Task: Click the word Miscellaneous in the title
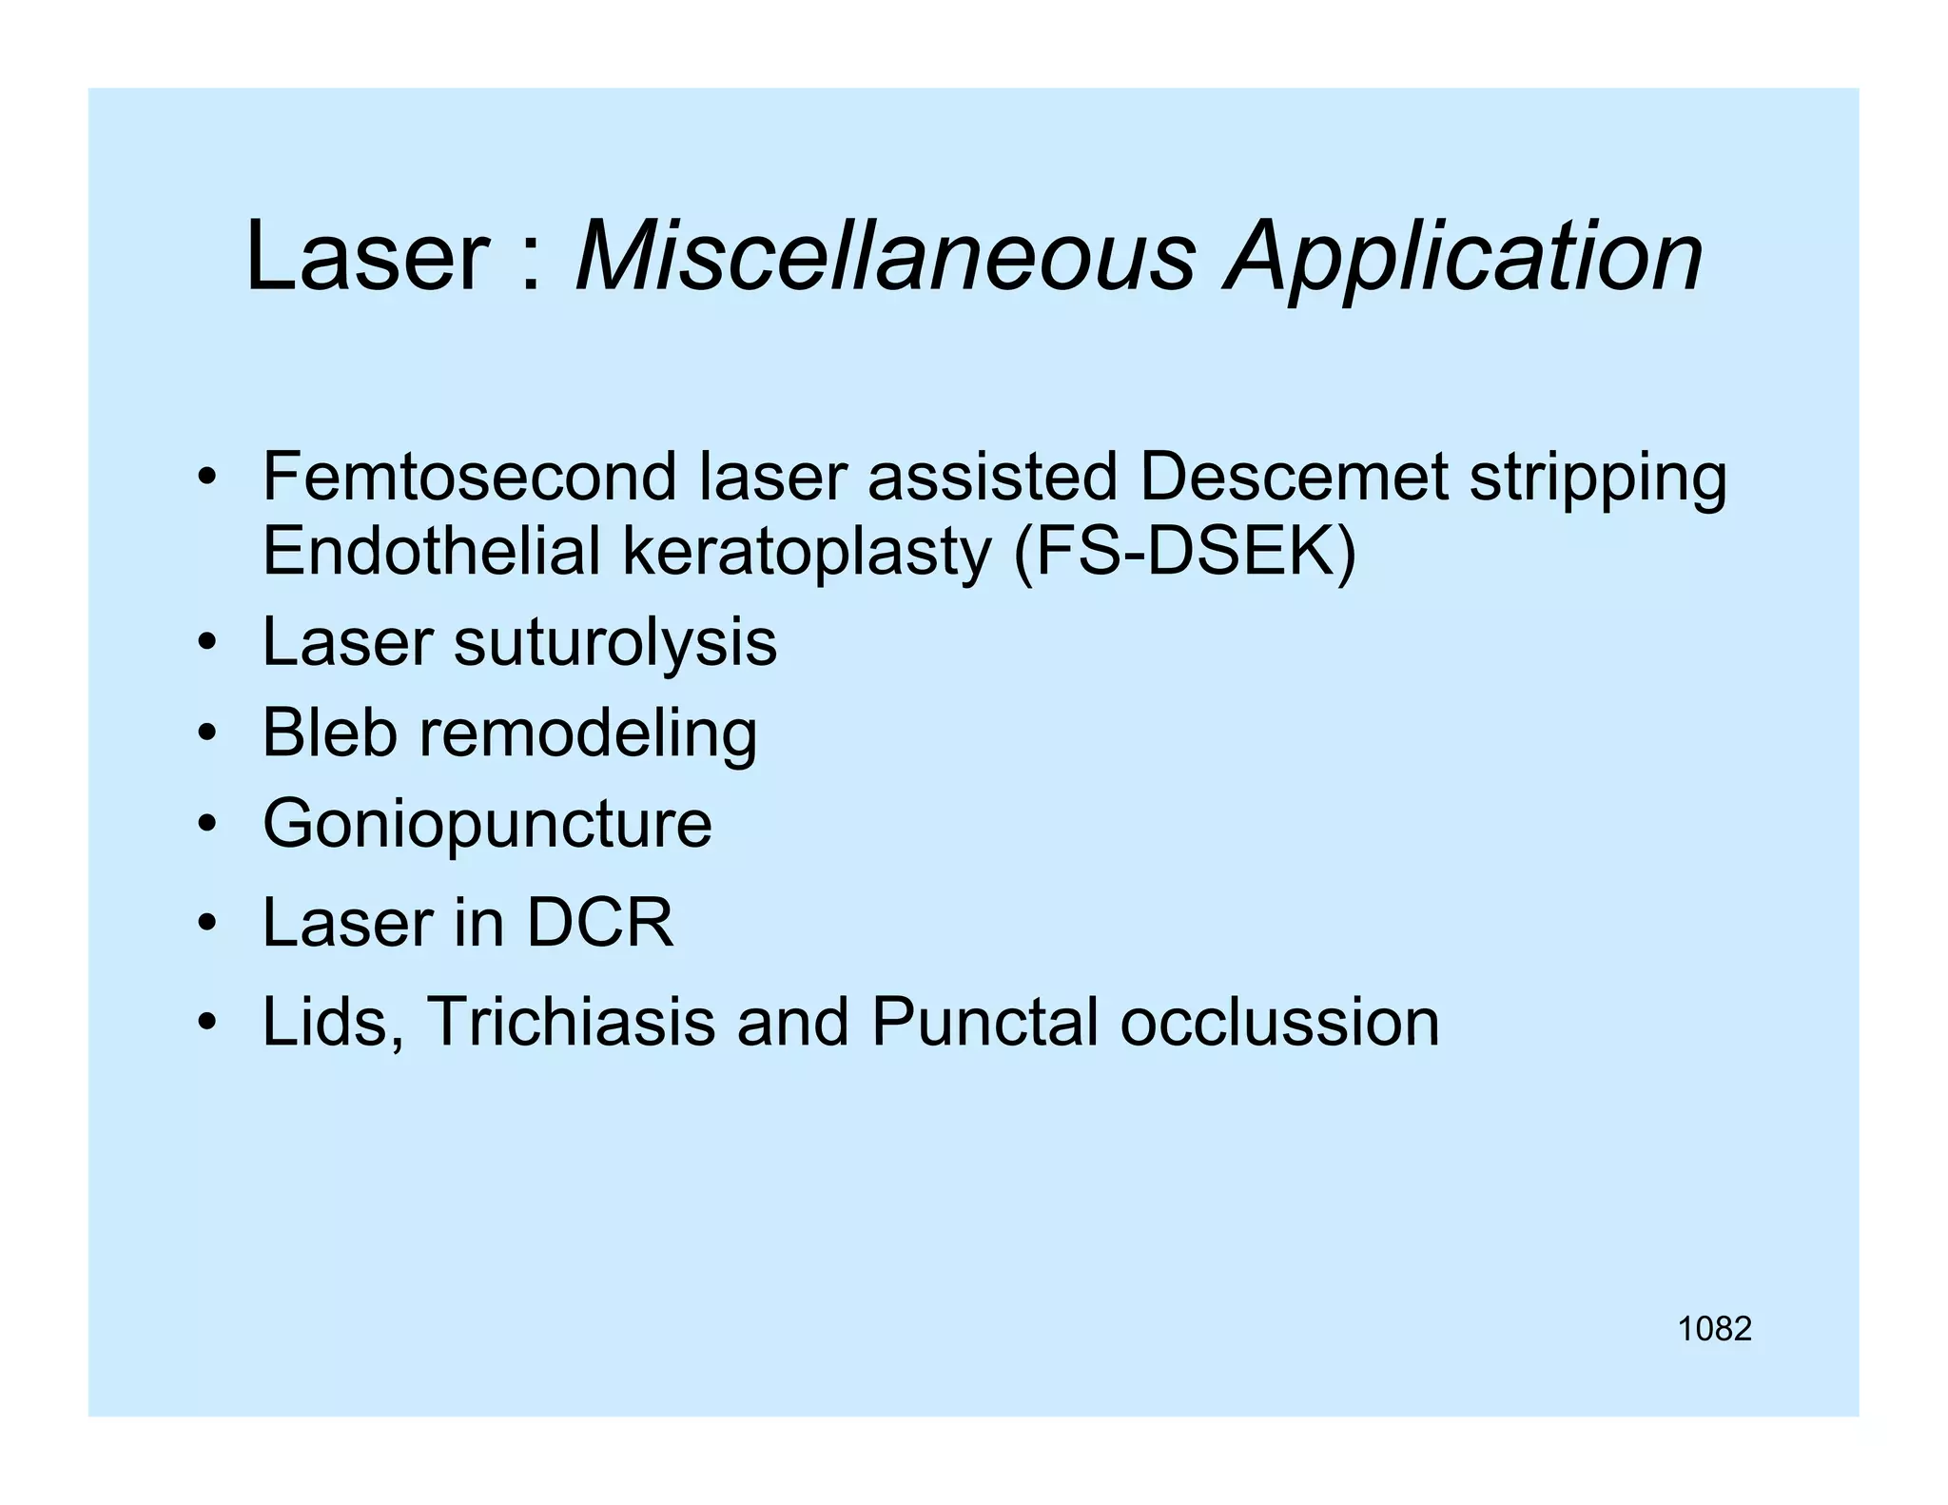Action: coord(885,257)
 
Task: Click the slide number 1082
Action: coord(1714,1329)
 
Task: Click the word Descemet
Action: coord(1293,477)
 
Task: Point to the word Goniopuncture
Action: coord(487,824)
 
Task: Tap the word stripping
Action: coord(1598,479)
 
